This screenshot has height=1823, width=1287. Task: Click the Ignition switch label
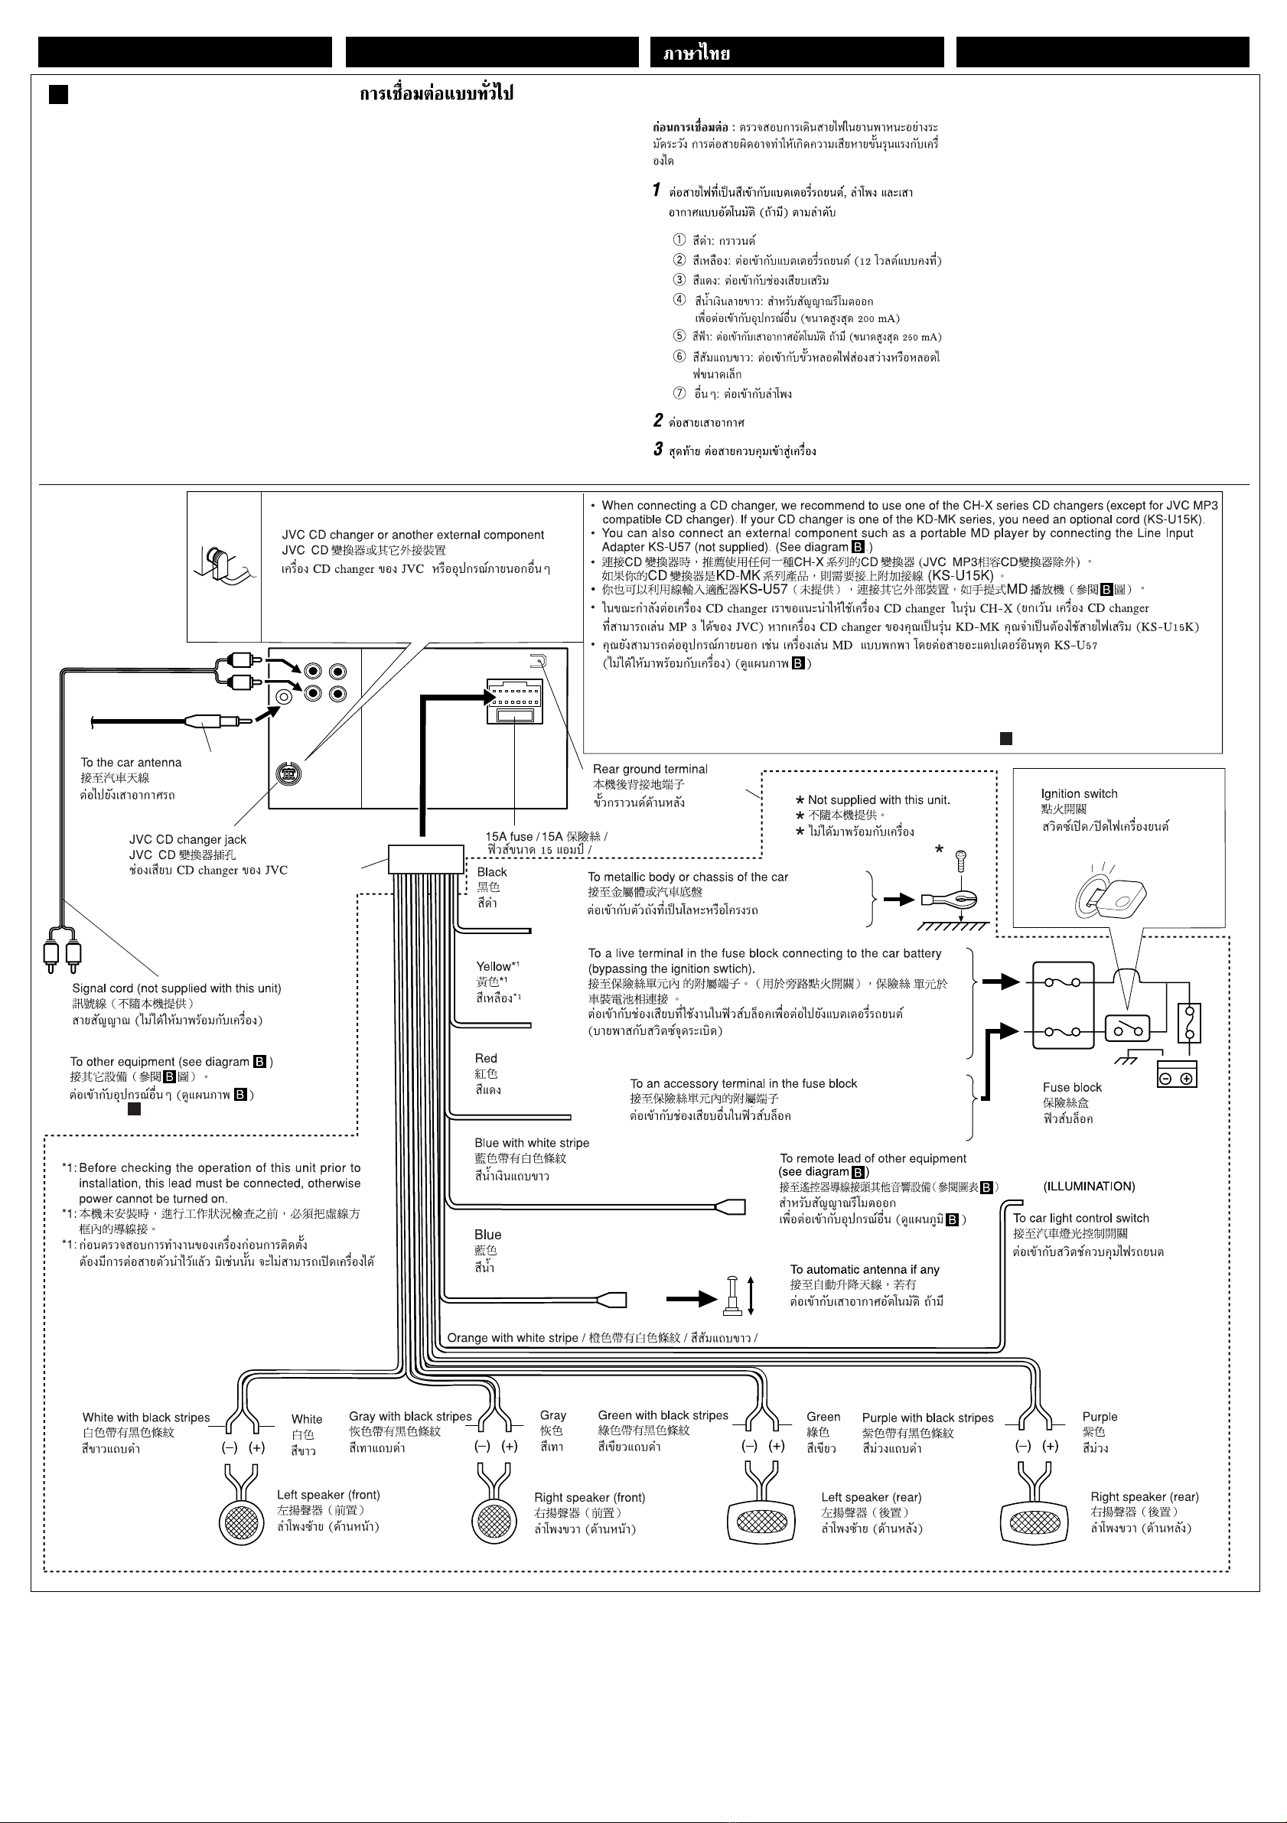[x=1078, y=794]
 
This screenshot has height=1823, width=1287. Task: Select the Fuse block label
[x=1072, y=1088]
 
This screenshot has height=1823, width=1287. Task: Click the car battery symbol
[x=1177, y=1073]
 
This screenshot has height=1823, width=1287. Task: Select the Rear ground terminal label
[x=650, y=770]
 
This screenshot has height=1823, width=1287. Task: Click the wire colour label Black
[x=492, y=872]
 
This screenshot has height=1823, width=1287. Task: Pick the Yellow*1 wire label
[x=498, y=966]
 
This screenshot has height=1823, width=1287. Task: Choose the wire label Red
[x=486, y=1059]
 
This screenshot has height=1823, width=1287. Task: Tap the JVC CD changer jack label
[x=188, y=839]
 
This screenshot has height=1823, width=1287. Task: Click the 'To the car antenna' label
[x=131, y=762]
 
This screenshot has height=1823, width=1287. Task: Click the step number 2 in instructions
[x=658, y=420]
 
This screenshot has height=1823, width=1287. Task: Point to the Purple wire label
[x=1100, y=1417]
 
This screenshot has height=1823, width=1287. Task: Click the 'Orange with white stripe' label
[x=513, y=1338]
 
